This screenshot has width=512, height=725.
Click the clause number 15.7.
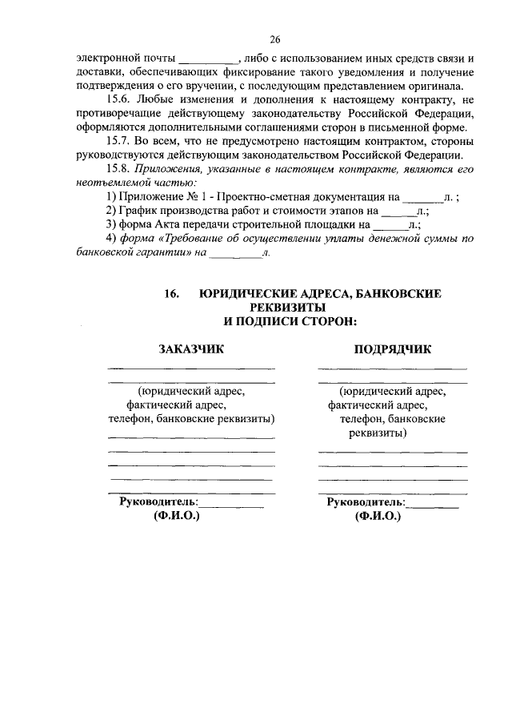(119, 141)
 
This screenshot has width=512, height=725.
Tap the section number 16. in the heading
(173, 295)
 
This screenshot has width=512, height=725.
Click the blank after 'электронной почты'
(206, 60)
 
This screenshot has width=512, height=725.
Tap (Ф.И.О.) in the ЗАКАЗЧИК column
(177, 517)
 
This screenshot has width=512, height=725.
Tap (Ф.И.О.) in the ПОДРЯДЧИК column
(378, 517)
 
